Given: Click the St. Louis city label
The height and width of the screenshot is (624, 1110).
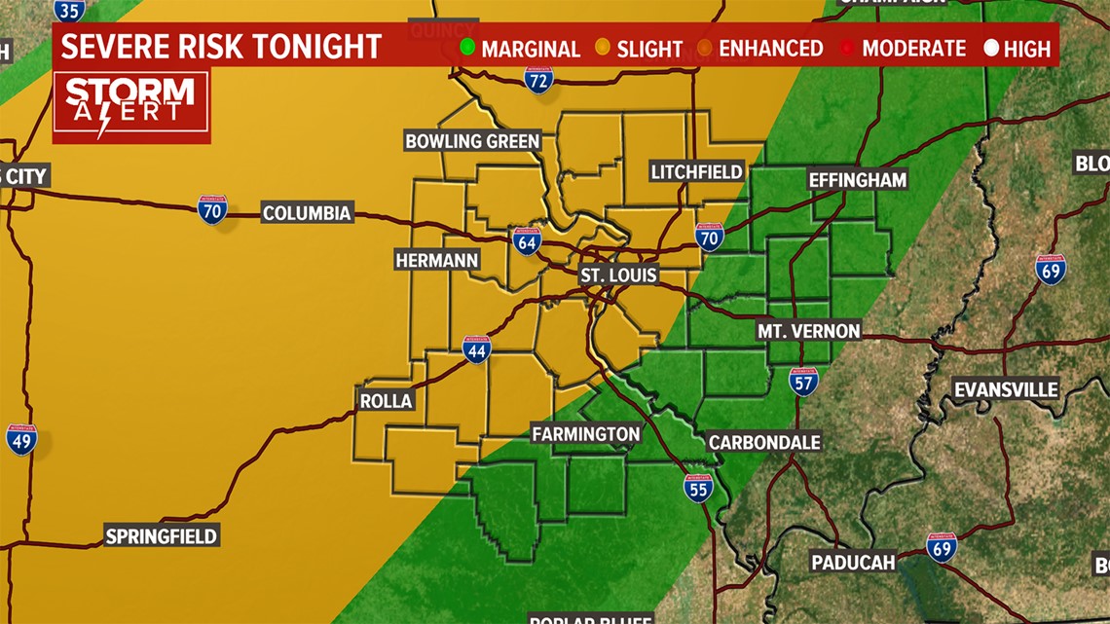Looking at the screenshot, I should [619, 275].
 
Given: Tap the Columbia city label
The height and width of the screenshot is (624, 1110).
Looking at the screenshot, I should [307, 213].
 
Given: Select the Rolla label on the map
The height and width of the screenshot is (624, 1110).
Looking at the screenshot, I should [387, 400].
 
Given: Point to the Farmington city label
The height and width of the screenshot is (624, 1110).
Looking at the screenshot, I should [586, 434].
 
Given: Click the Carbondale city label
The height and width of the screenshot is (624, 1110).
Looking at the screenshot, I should [764, 442].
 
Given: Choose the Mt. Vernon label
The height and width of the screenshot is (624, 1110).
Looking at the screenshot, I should [809, 331].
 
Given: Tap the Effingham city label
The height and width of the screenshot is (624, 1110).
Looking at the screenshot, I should [857, 179].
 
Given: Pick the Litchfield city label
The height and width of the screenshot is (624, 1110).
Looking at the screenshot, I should [696, 172].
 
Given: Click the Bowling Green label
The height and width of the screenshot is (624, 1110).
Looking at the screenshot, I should [472, 141].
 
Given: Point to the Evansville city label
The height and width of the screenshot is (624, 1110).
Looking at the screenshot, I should [1006, 389].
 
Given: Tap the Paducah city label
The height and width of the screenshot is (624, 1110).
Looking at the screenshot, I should [853, 562].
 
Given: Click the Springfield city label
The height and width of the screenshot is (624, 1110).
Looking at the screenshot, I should [162, 535].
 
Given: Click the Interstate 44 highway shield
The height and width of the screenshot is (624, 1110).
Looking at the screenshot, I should [476, 350].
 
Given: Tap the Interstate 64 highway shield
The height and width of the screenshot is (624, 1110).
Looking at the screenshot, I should [527, 241].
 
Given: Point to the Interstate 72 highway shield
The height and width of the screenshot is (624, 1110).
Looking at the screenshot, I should [538, 80].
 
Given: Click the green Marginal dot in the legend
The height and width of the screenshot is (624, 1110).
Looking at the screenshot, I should [467, 48].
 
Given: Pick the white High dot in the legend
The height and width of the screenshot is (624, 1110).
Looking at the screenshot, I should [991, 48].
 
